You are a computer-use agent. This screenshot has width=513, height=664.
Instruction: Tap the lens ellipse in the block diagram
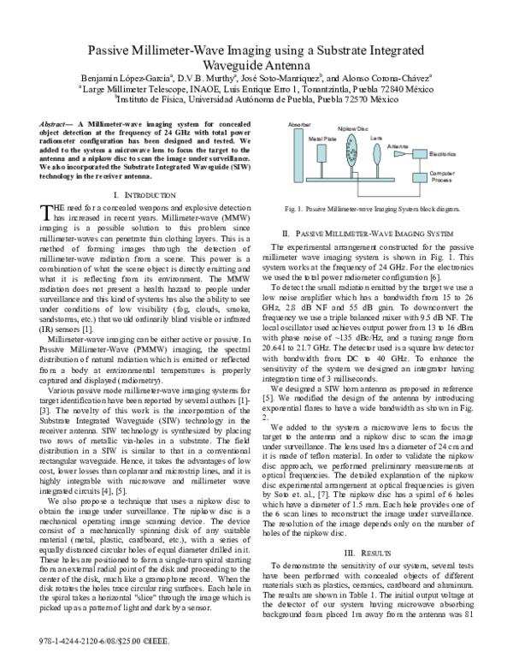pos(376,157)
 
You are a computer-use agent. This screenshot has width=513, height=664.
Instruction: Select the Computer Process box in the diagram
pos(442,178)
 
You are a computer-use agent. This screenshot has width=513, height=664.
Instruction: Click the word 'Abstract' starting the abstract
pos(57,125)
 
